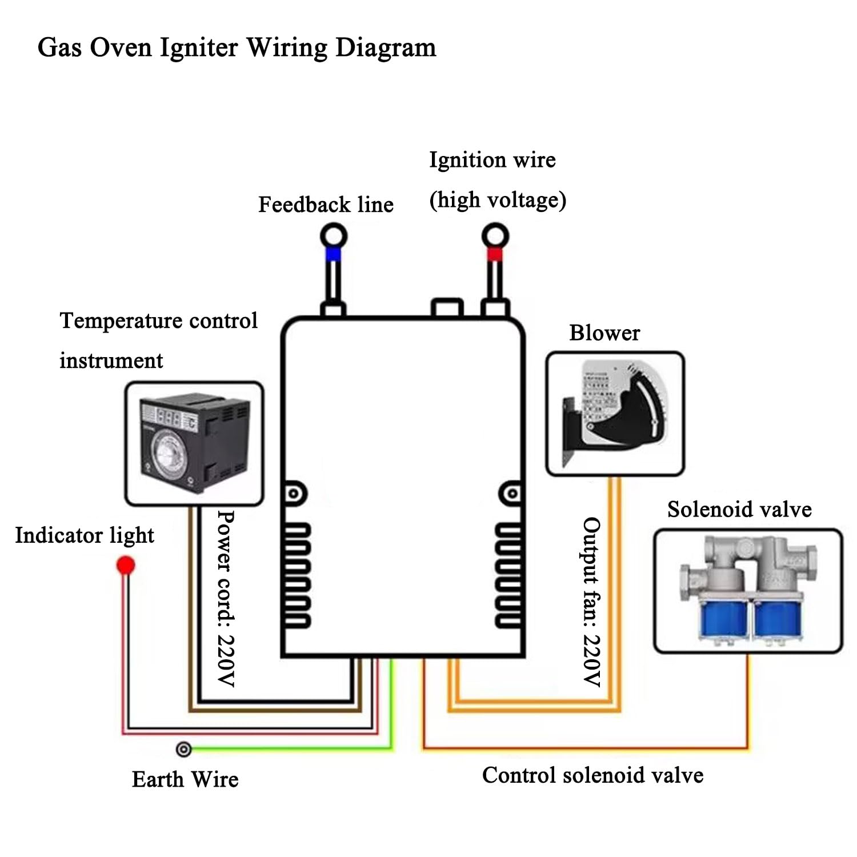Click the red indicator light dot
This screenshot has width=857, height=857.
[x=126, y=566]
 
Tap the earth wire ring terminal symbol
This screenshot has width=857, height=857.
[x=183, y=749]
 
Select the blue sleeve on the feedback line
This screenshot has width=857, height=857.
[x=333, y=254]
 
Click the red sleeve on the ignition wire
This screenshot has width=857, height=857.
[x=495, y=254]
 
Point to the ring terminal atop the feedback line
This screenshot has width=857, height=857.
[x=334, y=235]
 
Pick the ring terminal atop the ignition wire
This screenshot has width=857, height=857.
[x=495, y=235]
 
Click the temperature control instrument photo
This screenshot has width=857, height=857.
[x=194, y=444]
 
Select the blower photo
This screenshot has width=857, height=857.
[x=615, y=414]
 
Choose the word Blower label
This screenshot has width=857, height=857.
[x=604, y=333]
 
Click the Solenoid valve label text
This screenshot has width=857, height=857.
[x=739, y=509]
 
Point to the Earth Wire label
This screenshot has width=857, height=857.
[x=185, y=779]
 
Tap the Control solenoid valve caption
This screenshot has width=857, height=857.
[x=592, y=775]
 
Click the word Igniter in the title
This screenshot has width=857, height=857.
[x=198, y=48]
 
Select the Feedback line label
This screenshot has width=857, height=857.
[x=326, y=205]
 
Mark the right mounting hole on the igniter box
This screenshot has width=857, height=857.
[x=512, y=493]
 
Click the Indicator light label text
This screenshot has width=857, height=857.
[x=85, y=536]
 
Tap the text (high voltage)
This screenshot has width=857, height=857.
[x=498, y=200]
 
